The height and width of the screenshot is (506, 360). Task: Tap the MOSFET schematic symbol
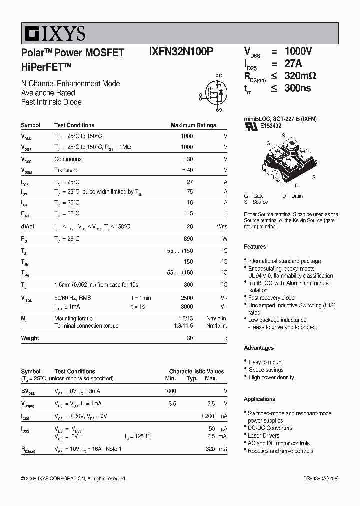coord(216,91)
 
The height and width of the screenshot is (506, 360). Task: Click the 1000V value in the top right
coord(298,52)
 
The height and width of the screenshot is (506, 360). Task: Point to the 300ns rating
coord(298,88)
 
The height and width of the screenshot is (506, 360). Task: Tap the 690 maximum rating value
coord(188,239)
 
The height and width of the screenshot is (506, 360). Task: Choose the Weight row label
coord(30,338)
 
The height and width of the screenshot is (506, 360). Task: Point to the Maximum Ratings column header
coord(193,125)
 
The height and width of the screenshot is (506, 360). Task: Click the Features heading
coord(255,247)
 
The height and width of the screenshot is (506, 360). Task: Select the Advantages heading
coord(259,348)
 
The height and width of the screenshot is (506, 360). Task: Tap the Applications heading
coord(260,399)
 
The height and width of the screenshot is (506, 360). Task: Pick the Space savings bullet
coord(266,370)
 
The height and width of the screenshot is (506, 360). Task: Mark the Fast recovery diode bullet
coord(271,298)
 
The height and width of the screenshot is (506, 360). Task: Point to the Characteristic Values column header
coord(196,372)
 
